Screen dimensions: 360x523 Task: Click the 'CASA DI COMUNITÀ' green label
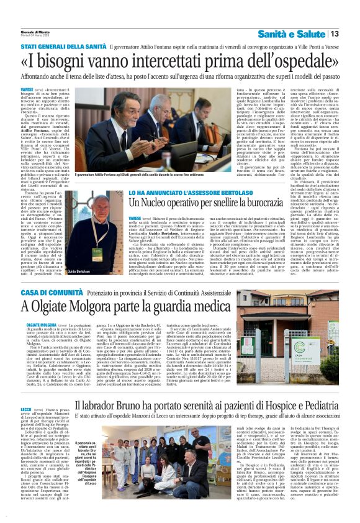pyautogui.click(x=49, y=292)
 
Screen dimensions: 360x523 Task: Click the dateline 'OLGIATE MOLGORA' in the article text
pyautogui.click(x=39, y=324)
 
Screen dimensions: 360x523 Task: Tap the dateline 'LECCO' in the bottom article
pyautogui.click(x=27, y=410)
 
